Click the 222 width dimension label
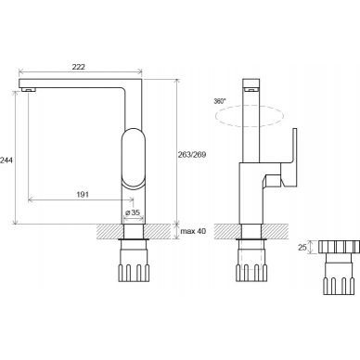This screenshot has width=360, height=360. pyautogui.click(x=79, y=67)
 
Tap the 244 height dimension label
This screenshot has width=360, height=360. pyautogui.click(x=6, y=161)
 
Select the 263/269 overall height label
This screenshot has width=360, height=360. pyautogui.click(x=192, y=154)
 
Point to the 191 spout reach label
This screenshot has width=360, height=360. pyautogui.click(x=83, y=194)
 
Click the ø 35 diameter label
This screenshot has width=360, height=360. pyautogui.click(x=133, y=212)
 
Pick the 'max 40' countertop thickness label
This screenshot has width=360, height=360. pyautogui.click(x=193, y=231)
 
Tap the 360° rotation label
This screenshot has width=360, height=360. pyautogui.click(x=220, y=101)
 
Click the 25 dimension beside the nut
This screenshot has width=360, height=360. pyautogui.click(x=302, y=247)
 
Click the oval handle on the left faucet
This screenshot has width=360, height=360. pyautogui.click(x=134, y=157)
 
